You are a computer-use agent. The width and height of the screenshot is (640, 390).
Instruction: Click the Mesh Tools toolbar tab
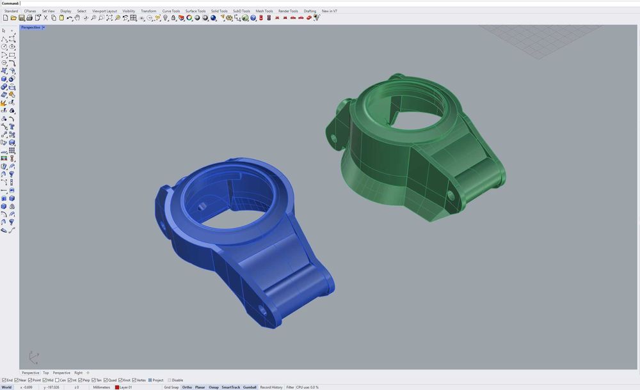[264, 11]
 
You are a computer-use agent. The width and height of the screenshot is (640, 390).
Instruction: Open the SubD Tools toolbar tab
[241, 11]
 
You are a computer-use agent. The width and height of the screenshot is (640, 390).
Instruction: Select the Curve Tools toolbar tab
[171, 11]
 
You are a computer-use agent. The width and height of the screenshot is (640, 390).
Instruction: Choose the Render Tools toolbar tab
[288, 11]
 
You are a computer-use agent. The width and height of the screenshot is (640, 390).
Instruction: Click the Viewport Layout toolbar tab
[104, 11]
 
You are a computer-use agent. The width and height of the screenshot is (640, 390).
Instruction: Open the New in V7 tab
[329, 11]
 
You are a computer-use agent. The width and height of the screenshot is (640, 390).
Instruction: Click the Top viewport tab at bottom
[45, 373]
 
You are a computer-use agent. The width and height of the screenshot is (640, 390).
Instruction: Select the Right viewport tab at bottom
[78, 373]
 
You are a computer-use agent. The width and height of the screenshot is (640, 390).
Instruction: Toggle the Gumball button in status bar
[250, 387]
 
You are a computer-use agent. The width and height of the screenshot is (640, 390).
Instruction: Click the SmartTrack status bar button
[230, 387]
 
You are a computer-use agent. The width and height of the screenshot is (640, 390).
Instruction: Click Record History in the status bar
[271, 387]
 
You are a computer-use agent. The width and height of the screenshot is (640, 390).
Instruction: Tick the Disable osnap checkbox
[170, 380]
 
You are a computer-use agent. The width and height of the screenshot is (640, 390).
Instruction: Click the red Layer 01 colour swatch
[116, 387]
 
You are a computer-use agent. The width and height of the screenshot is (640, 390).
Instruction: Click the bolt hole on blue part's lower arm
[261, 311]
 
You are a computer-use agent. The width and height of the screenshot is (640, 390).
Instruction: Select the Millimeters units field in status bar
[102, 387]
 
